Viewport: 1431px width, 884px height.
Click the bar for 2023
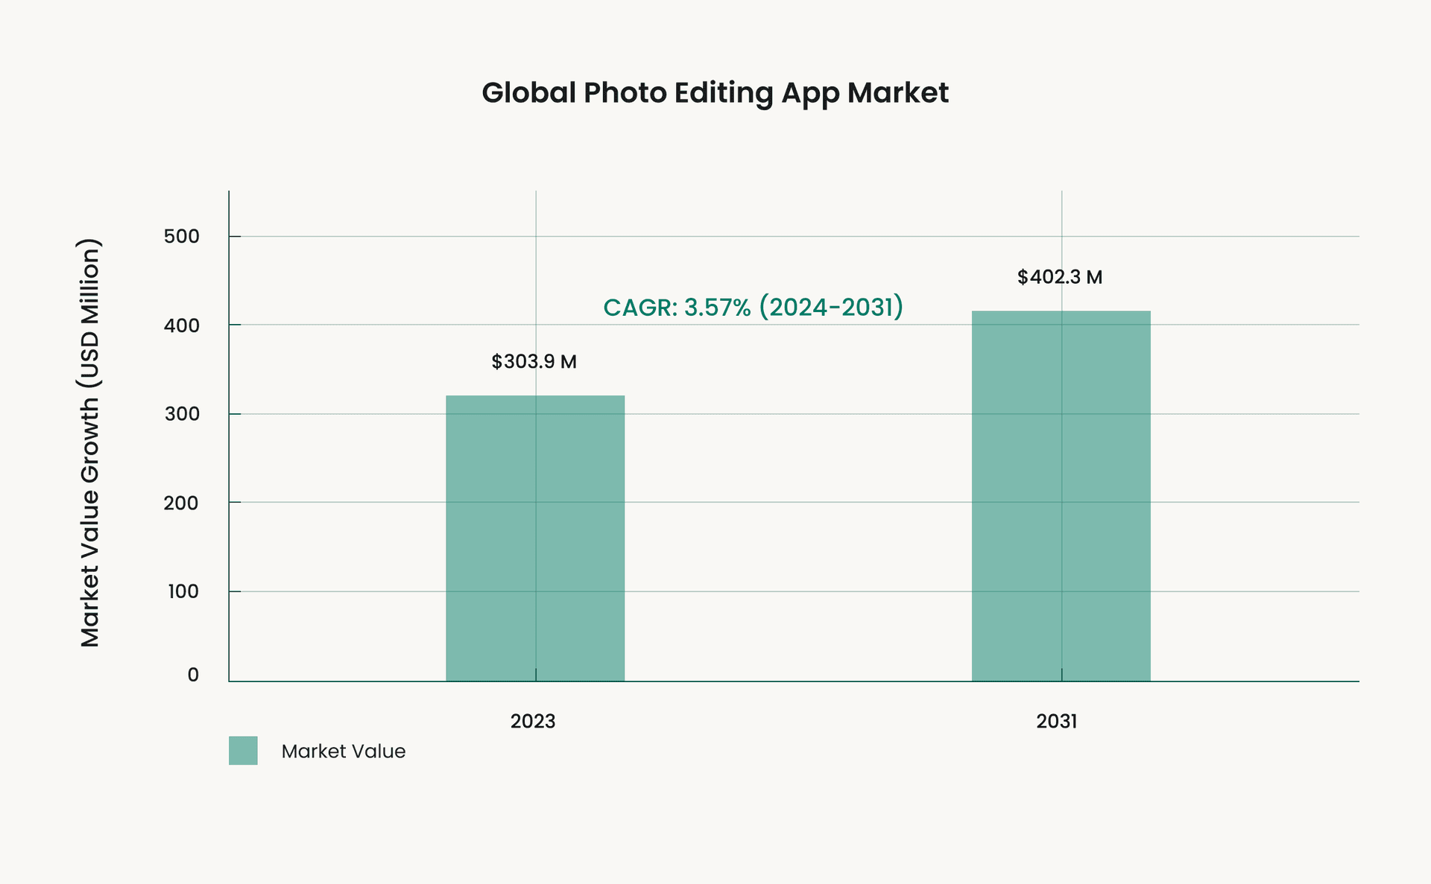(535, 538)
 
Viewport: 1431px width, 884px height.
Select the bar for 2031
(1061, 495)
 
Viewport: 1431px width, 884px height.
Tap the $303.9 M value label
(534, 362)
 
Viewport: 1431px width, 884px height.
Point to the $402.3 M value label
(1059, 277)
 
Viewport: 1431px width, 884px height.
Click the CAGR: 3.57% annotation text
(753, 307)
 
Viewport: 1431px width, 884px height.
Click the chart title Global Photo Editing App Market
(715, 93)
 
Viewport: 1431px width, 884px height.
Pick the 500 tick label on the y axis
(182, 237)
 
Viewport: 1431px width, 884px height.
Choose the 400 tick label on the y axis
(182, 325)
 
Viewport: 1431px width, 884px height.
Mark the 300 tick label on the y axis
(182, 414)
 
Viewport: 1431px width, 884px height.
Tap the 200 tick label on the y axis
(182, 503)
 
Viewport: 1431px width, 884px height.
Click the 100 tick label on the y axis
(183, 591)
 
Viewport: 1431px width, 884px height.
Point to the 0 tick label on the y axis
(193, 675)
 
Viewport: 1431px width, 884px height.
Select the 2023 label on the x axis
(533, 721)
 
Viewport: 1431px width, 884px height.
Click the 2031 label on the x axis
(1057, 721)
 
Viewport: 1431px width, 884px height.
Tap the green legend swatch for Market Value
(243, 751)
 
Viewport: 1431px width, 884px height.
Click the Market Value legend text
(344, 751)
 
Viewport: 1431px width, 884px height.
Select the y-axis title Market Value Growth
(90, 442)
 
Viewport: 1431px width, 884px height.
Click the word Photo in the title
(625, 93)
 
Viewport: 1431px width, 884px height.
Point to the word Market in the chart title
(897, 93)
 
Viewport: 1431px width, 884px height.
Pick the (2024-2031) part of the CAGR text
(831, 307)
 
